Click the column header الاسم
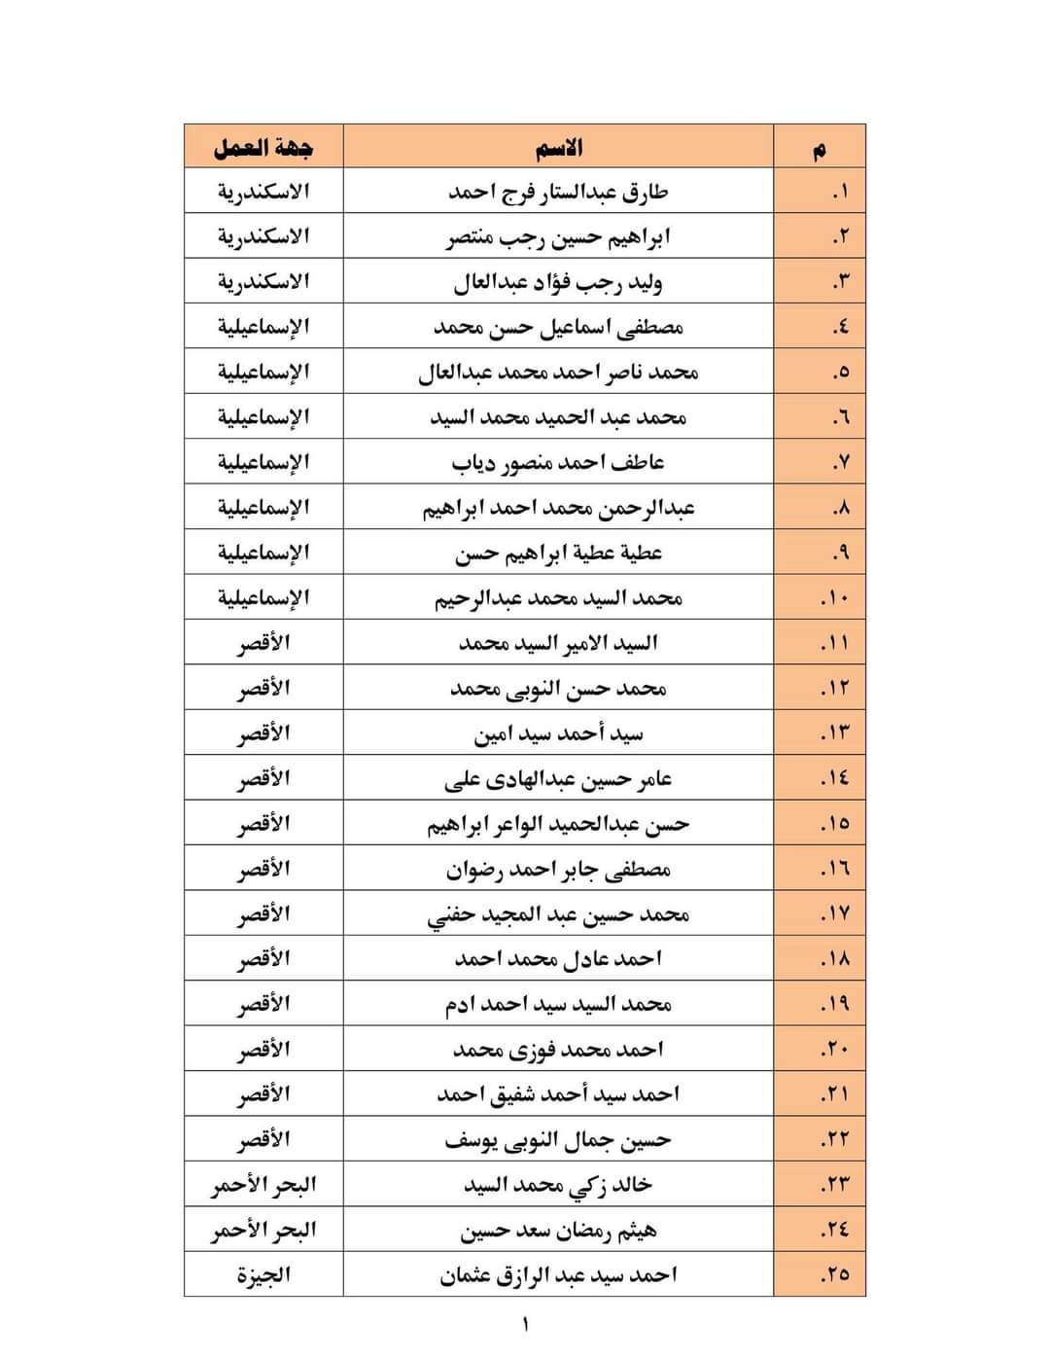(x=558, y=148)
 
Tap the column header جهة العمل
(x=263, y=148)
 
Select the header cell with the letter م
(x=820, y=149)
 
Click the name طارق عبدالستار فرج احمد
(x=558, y=192)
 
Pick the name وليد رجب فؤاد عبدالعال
(x=558, y=282)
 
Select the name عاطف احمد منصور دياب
(x=558, y=462)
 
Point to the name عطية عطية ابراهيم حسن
(x=558, y=553)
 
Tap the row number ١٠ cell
(x=834, y=597)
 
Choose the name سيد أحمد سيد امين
(x=558, y=733)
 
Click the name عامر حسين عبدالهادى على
(x=558, y=778)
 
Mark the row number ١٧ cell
(x=834, y=913)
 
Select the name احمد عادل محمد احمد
(x=558, y=958)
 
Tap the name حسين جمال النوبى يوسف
(x=558, y=1139)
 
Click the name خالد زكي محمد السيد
(x=558, y=1184)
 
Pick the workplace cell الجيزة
(x=263, y=1274)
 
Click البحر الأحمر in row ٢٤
(x=263, y=1230)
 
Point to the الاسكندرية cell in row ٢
(x=263, y=236)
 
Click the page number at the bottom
(x=526, y=1324)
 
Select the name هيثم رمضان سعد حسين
(x=558, y=1230)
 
